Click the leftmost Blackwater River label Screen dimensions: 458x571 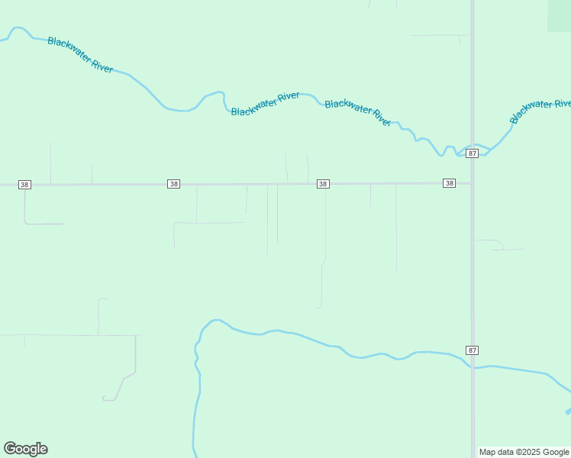pos(80,54)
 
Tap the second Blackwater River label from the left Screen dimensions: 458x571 pos(265,104)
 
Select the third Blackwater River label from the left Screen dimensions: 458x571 pos(358,113)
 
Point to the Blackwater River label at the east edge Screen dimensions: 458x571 pos(540,111)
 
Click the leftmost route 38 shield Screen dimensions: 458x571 pos(25,185)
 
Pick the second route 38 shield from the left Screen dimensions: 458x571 pos(174,184)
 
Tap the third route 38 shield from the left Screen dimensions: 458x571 pos(323,184)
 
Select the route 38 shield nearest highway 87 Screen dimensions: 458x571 pos(449,183)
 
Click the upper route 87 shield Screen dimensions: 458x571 pos(473,153)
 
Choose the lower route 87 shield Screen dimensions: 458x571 pos(473,350)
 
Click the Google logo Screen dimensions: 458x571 pos(25,449)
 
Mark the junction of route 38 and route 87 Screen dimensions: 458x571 pos(473,183)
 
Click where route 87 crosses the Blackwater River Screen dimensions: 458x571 pos(473,145)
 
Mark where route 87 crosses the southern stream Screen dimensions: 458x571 pos(473,367)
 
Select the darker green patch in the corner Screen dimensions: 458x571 pos(559,15)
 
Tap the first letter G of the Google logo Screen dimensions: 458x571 pos(10,448)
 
